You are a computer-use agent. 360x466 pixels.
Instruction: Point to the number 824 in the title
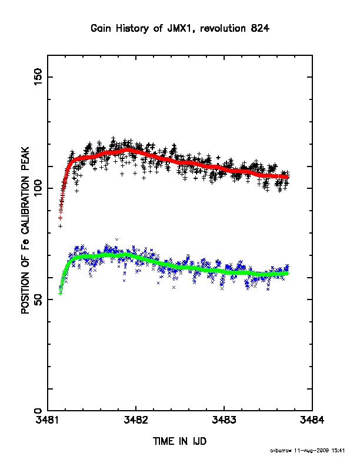coord(260,28)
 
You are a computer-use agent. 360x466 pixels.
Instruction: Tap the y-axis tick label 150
coord(38,76)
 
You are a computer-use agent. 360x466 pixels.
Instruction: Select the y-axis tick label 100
coord(38,188)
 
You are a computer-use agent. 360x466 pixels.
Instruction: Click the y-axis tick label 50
coord(38,299)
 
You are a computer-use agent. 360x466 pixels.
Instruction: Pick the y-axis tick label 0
coord(38,411)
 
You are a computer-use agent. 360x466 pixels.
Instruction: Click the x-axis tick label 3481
coord(48,420)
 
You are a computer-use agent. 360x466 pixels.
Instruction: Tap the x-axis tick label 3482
coord(136,420)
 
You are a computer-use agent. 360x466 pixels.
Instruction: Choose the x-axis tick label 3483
coord(224,420)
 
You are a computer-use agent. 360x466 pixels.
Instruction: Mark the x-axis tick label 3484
coord(312,420)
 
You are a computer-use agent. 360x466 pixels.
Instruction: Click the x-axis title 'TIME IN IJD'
coord(179,441)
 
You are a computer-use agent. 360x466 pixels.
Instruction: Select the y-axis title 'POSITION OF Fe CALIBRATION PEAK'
coord(25,230)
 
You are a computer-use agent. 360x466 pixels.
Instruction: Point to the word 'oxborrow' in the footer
coord(281,451)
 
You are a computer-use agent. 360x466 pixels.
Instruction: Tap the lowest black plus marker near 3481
coord(61,226)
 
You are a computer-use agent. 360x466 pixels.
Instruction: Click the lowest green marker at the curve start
coord(60,294)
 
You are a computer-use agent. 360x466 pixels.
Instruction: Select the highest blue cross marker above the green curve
coord(116,239)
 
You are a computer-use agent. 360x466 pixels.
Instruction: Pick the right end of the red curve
coord(288,177)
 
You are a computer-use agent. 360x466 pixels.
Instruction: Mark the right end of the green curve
coord(287,273)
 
